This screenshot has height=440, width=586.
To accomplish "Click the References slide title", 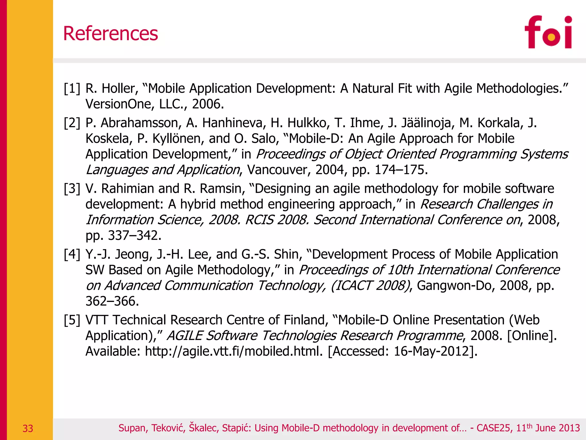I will tap(110, 34).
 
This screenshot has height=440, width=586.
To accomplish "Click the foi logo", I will tap(548, 32).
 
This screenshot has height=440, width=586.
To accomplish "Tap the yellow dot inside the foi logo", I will tap(551, 37).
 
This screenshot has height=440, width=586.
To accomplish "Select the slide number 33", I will tap(28, 429).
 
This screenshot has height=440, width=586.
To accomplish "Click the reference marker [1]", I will tap(72, 89).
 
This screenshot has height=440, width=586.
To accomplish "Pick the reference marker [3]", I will tap(72, 189).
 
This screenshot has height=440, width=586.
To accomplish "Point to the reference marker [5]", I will tap(72, 320).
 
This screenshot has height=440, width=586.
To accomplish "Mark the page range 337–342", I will tap(134, 235).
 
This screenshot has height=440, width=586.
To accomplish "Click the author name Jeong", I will tap(133, 254).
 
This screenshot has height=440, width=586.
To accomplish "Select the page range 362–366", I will tap(112, 301).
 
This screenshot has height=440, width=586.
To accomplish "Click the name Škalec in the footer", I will tap(203, 428).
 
